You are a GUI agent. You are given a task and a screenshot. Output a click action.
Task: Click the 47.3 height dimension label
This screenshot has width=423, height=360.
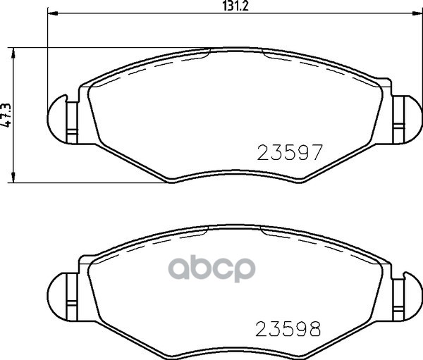click(x=6, y=115)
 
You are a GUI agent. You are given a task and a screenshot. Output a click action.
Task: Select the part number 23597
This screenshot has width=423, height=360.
click(x=289, y=152)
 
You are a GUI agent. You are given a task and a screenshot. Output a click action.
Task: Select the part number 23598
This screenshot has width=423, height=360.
click(x=289, y=328)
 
